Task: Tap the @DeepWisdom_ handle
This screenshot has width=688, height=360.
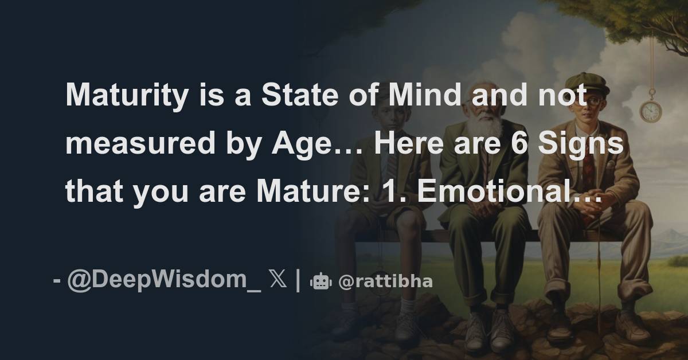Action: pyautogui.click(x=163, y=282)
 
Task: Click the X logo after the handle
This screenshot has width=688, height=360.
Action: pyautogui.click(x=279, y=282)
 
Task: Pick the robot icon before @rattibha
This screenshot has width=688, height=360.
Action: pyautogui.click(x=320, y=282)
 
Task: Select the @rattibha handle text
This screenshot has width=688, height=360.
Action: pyautogui.click(x=385, y=282)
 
